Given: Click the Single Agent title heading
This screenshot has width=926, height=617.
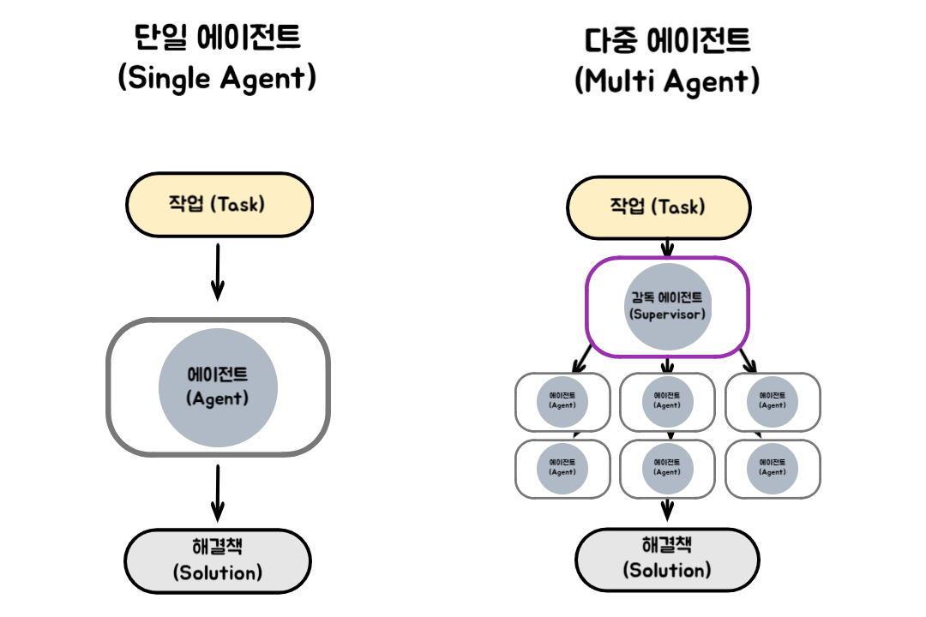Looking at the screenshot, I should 218,58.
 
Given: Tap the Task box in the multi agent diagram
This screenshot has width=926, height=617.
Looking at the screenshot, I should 658,207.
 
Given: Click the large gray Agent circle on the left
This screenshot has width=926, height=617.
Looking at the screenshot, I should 218,386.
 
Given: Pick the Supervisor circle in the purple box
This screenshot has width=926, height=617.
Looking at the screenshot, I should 667,306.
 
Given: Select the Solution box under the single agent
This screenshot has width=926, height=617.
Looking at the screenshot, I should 218,560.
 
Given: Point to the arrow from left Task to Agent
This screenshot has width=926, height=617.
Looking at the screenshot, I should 218,272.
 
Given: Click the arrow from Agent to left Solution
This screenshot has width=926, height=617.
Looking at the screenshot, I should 218,494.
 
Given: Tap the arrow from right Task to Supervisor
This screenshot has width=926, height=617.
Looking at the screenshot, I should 667,248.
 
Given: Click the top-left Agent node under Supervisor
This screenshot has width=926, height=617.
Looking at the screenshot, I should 562,400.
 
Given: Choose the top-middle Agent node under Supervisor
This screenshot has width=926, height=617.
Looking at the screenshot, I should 667,400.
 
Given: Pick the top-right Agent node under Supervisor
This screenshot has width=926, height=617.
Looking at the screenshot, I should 772,400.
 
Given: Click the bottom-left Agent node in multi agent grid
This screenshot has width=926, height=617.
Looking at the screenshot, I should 562,467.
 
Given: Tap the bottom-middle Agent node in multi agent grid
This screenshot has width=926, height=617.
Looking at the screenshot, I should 667,467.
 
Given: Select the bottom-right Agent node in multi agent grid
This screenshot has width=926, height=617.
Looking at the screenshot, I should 772,467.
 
